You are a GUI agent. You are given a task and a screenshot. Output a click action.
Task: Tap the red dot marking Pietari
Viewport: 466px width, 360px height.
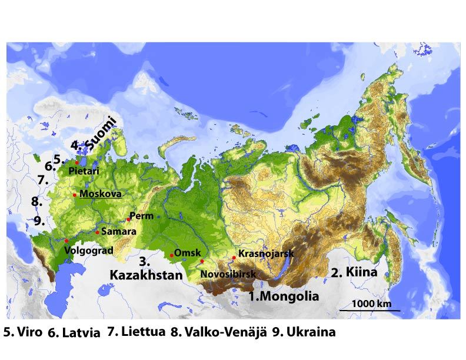(77, 163)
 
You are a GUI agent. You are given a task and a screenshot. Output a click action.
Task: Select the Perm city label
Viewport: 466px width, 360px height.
(143, 216)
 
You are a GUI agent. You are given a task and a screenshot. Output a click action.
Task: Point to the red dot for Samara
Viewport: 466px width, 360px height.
(97, 232)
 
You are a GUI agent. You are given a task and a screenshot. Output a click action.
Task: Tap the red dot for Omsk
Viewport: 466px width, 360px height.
(171, 255)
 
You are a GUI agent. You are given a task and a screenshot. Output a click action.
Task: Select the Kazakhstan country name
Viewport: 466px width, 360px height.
(145, 274)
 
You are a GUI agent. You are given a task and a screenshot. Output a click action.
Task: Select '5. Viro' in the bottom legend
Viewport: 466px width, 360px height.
(22, 332)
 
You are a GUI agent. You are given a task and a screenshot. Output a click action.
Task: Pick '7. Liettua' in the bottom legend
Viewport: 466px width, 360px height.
(137, 332)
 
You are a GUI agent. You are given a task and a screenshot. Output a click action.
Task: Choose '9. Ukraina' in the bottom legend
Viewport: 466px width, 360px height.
(304, 332)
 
